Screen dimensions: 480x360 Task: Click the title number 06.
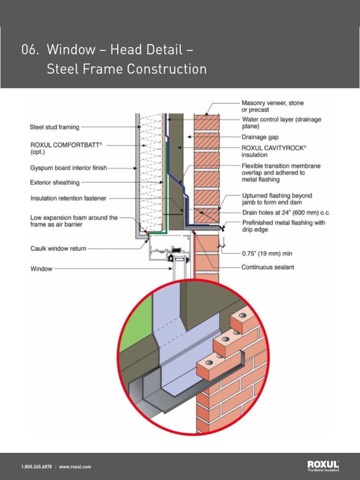[30, 50]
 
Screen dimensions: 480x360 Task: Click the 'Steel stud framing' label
[54, 127]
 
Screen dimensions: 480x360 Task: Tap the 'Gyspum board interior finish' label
[68, 168]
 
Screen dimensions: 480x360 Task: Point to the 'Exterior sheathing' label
[54, 182]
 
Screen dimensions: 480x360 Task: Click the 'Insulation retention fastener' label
[68, 198]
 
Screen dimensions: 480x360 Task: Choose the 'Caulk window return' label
[58, 248]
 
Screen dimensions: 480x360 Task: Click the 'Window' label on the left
[41, 269]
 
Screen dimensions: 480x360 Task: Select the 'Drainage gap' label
[260, 137]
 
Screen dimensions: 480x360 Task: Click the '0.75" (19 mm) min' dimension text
[267, 254]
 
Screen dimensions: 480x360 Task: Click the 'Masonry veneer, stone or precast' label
[272, 106]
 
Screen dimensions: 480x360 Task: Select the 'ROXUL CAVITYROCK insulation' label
[274, 151]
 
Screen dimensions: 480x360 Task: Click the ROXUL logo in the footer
[323, 465]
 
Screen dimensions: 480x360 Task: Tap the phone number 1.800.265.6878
[37, 467]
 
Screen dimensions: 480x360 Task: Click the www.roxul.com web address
[75, 467]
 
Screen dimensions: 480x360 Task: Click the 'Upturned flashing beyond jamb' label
[277, 199]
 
